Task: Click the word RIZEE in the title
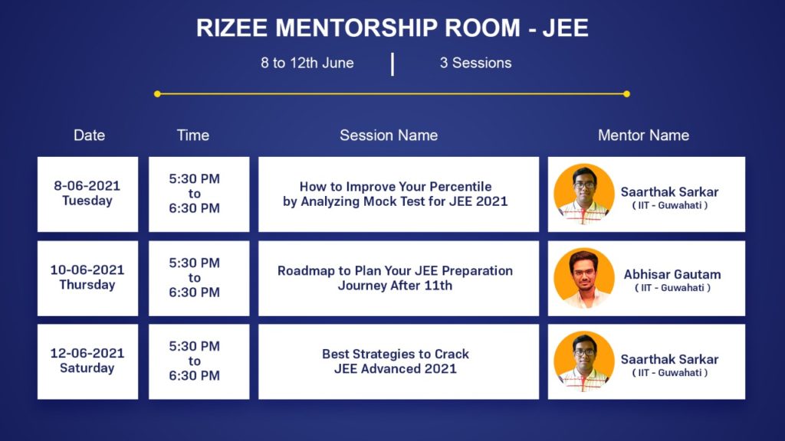coord(232,28)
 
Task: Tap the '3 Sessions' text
coord(475,63)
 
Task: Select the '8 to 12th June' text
coord(307,63)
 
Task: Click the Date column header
coord(89,135)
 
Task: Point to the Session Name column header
coord(389,135)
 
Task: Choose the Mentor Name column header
coord(643,135)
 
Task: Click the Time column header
coord(192,135)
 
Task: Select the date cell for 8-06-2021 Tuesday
coord(87,194)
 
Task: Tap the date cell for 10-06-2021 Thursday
coord(87,278)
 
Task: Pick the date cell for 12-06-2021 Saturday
coord(87,361)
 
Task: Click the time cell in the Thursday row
coord(199,278)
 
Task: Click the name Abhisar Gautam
coord(672,275)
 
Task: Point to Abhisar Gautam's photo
coord(583,278)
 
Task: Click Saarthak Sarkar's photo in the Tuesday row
coord(583,194)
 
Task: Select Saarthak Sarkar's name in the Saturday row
coord(669,360)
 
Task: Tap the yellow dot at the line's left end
coord(157,94)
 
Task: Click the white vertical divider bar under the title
coord(392,64)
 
